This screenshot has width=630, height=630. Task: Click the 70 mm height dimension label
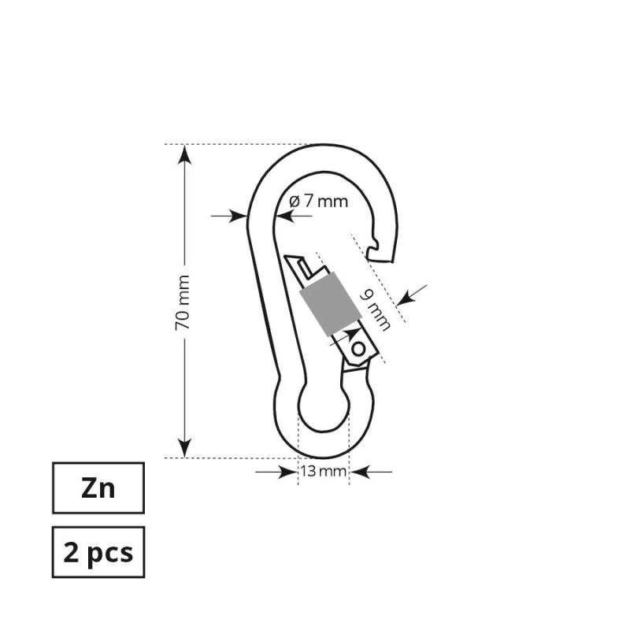[183, 302]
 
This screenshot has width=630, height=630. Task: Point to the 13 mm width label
[323, 472]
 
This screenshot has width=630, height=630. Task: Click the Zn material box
[98, 488]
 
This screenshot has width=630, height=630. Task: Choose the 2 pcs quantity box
[98, 552]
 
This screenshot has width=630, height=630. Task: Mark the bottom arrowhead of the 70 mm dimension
[184, 450]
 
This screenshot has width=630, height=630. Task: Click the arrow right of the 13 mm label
[362, 472]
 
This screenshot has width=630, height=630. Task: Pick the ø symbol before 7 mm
[294, 201]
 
